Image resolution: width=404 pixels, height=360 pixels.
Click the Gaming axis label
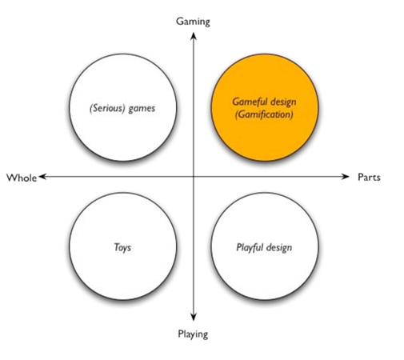tap(193, 22)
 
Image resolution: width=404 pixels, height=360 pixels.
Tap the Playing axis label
tap(193, 334)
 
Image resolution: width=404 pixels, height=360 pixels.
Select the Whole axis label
tap(22, 178)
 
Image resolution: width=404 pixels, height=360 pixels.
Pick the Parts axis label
tap(369, 177)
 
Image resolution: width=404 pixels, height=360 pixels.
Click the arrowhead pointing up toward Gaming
tap(194, 36)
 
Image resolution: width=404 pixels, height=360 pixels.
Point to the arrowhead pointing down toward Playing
tap(194, 317)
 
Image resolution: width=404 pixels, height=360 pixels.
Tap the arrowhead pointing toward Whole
tap(42, 176)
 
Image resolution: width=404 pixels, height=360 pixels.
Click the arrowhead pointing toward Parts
tap(345, 176)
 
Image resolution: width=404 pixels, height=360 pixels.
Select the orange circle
tap(265, 107)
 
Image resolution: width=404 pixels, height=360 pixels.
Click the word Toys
tap(122, 247)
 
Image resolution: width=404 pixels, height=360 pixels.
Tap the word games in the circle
tap(142, 109)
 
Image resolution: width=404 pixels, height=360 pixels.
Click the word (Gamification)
tap(264, 114)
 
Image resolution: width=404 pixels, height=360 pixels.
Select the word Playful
tap(250, 247)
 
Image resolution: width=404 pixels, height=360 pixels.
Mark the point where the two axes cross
tap(194, 176)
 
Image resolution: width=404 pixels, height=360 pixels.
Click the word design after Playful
tap(279, 247)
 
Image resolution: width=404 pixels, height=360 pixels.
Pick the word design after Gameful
tap(283, 102)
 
